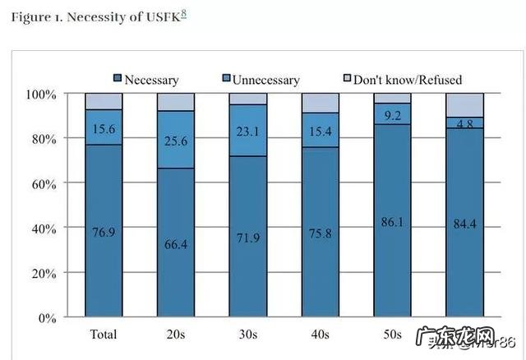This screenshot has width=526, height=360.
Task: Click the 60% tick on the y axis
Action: pyautogui.click(x=42, y=182)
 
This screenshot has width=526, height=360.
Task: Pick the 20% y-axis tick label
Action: pyautogui.click(x=42, y=272)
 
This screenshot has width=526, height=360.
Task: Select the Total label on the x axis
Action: pyautogui.click(x=103, y=335)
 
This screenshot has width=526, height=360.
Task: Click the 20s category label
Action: pyautogui.click(x=175, y=335)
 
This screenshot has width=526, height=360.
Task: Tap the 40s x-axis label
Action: pyautogui.click(x=321, y=335)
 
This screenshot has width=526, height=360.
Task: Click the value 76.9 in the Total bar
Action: pyautogui.click(x=103, y=233)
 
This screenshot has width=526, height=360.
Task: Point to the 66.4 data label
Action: pyautogui.click(x=175, y=245)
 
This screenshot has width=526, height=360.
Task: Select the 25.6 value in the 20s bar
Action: pyautogui.click(x=175, y=141)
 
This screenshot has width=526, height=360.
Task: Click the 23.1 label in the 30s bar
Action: pyautogui.click(x=247, y=131)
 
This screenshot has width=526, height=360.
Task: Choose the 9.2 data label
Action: pyautogui.click(x=393, y=115)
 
